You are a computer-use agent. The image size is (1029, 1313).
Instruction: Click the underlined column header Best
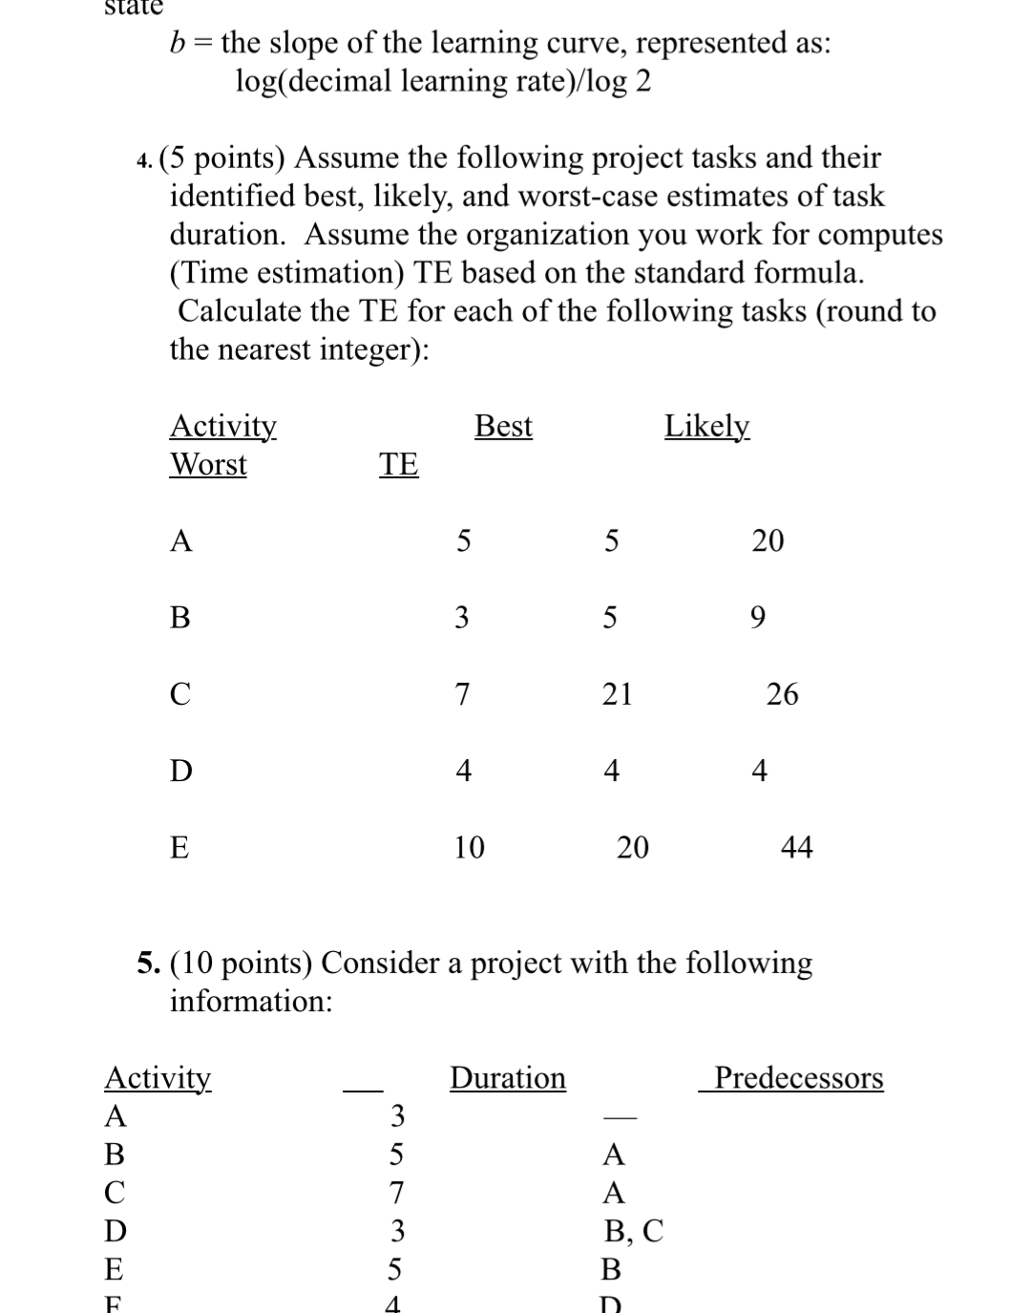click(503, 426)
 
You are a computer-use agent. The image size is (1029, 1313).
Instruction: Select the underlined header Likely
click(706, 426)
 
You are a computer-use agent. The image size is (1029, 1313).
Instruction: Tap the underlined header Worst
click(208, 465)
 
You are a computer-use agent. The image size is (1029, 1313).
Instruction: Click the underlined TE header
click(398, 465)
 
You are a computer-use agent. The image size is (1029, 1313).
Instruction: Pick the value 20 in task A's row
click(767, 541)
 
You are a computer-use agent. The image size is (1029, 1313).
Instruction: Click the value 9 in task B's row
click(757, 619)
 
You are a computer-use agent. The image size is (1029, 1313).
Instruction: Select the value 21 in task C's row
click(617, 694)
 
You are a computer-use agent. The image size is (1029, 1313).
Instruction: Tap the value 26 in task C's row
click(782, 694)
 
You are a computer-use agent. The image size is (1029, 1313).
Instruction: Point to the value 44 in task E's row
click(796, 847)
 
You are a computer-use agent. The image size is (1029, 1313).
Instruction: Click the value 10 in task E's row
click(469, 847)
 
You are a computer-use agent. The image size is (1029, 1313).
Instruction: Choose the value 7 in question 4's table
click(462, 694)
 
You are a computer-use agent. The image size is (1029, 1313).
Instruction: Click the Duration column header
click(508, 1078)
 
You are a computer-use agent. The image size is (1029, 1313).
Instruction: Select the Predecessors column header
click(799, 1078)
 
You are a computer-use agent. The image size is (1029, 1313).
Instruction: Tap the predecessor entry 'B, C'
click(634, 1231)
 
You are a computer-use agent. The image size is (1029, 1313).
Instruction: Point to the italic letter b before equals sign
click(178, 43)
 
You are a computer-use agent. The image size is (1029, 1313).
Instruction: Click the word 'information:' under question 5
click(251, 1002)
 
